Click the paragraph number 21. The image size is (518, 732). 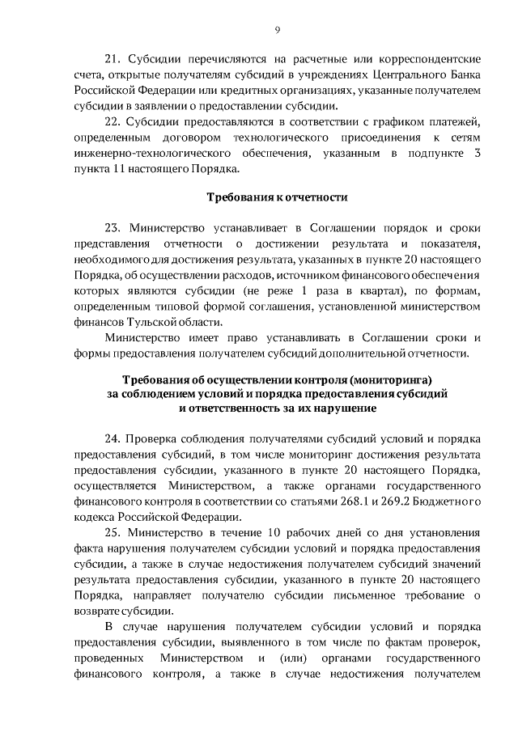[x=113, y=59]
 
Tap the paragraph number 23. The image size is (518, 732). [x=113, y=227]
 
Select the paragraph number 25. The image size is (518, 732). [x=113, y=533]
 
